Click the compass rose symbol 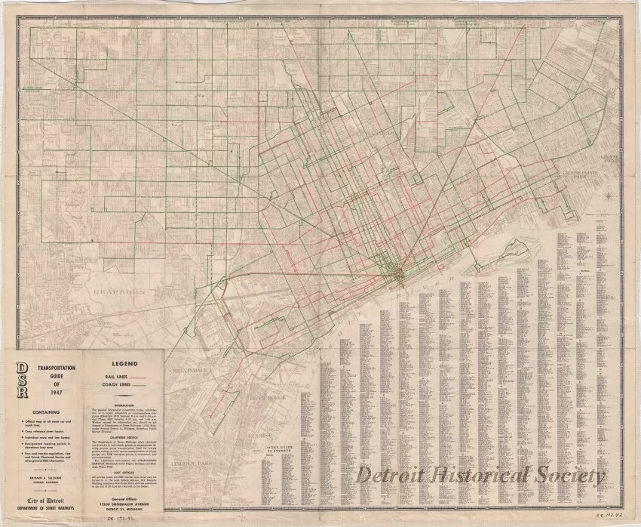pyautogui.click(x=607, y=198)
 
